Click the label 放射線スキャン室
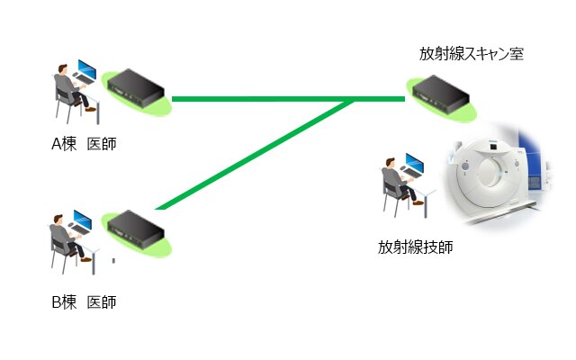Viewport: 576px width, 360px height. point(472,54)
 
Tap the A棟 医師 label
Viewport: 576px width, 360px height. point(84,144)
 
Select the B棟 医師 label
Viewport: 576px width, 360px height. point(84,302)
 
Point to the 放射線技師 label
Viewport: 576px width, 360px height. point(415,247)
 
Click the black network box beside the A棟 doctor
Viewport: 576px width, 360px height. point(135,89)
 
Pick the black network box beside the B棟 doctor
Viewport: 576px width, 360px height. point(135,230)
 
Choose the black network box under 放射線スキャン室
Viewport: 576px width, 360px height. point(440,94)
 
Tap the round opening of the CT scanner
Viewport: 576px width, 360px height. point(490,172)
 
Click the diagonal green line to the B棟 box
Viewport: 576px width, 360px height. point(254,154)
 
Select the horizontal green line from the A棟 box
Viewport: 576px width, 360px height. point(288,99)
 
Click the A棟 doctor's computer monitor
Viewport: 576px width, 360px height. point(87,69)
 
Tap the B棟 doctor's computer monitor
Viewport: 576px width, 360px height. point(83,219)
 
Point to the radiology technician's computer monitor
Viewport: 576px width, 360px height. point(414,163)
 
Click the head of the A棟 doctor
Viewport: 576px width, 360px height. point(63,69)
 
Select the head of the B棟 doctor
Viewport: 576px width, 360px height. point(58,220)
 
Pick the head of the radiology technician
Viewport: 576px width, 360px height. point(390,163)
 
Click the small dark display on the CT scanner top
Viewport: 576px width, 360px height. point(493,147)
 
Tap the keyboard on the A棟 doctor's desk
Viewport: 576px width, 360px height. point(85,79)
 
